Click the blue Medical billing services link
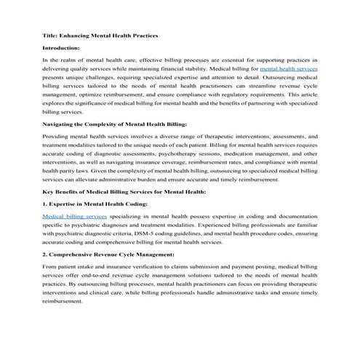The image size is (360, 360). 75,217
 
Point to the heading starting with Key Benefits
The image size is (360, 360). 124,191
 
